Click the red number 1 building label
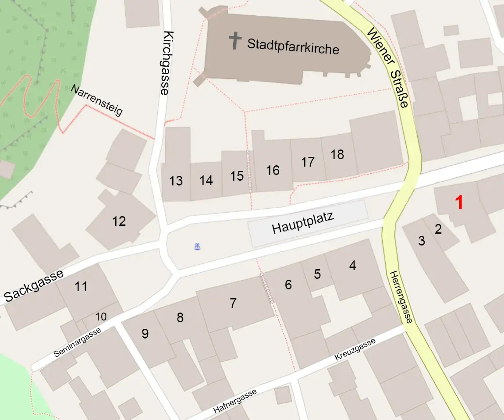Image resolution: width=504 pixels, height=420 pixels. point(459,203)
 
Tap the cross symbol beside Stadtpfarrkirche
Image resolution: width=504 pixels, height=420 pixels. point(235,40)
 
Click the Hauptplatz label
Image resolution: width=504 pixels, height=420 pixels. point(303,222)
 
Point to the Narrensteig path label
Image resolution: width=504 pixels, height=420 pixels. point(96,100)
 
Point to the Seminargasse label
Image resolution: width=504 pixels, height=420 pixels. point(78,342)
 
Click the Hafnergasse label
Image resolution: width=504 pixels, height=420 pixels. point(235,401)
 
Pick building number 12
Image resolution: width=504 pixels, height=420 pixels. point(119,221)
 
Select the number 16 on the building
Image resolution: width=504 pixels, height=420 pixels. point(273,170)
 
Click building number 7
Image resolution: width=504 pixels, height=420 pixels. point(233,303)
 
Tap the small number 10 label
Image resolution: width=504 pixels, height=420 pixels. point(101,316)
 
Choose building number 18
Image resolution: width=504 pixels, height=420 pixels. point(337,154)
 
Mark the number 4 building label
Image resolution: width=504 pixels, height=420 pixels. point(352,265)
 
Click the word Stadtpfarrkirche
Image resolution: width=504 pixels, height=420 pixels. point(293,46)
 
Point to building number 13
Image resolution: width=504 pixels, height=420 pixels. point(176,181)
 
